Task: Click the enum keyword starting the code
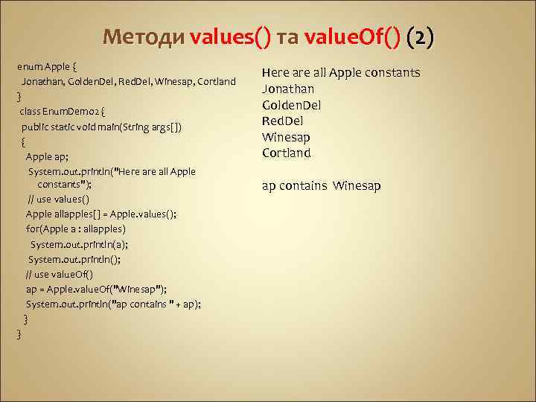click(x=29, y=67)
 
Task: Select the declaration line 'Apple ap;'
click(x=47, y=156)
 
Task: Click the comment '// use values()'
click(x=58, y=200)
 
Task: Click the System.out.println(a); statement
click(x=79, y=244)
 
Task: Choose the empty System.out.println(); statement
click(x=74, y=259)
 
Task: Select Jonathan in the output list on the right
click(x=287, y=89)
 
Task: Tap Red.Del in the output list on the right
click(x=282, y=121)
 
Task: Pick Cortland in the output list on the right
click(x=287, y=153)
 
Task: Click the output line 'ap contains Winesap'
click(x=321, y=185)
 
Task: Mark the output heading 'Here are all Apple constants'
click(x=341, y=73)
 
